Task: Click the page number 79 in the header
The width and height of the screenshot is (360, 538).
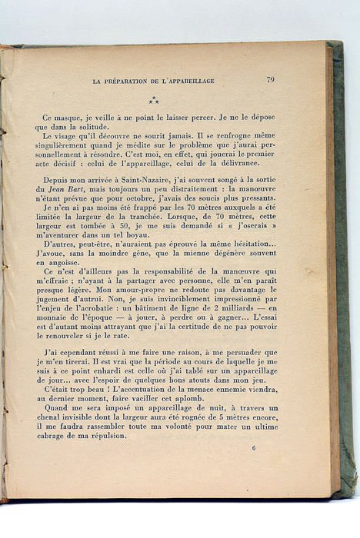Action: (x=271, y=79)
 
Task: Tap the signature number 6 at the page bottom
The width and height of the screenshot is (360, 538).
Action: (x=254, y=447)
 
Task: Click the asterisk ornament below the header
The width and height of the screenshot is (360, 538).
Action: (x=154, y=99)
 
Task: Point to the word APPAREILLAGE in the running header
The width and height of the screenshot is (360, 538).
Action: (x=188, y=81)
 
